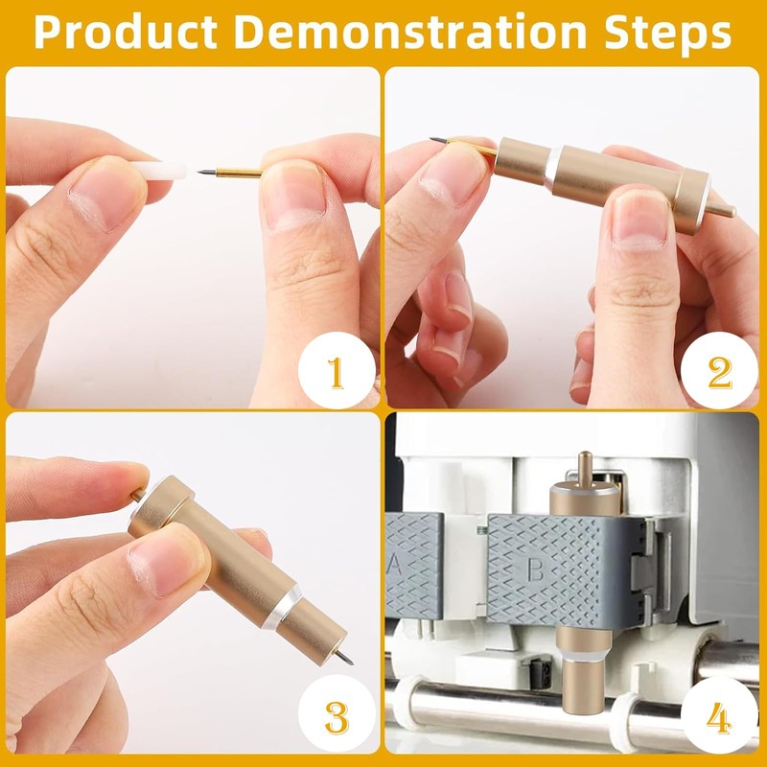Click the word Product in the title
pos(126,33)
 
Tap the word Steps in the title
pos(667,34)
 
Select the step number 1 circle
pos(337,370)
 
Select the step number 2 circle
pos(718,370)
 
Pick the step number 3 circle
pos(337,715)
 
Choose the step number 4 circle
pos(718,716)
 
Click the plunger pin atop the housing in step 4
pos(585,470)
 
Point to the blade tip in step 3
pos(351,662)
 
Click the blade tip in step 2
pos(432,140)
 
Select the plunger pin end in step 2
pos(732,212)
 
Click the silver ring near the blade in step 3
pos(280,607)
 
